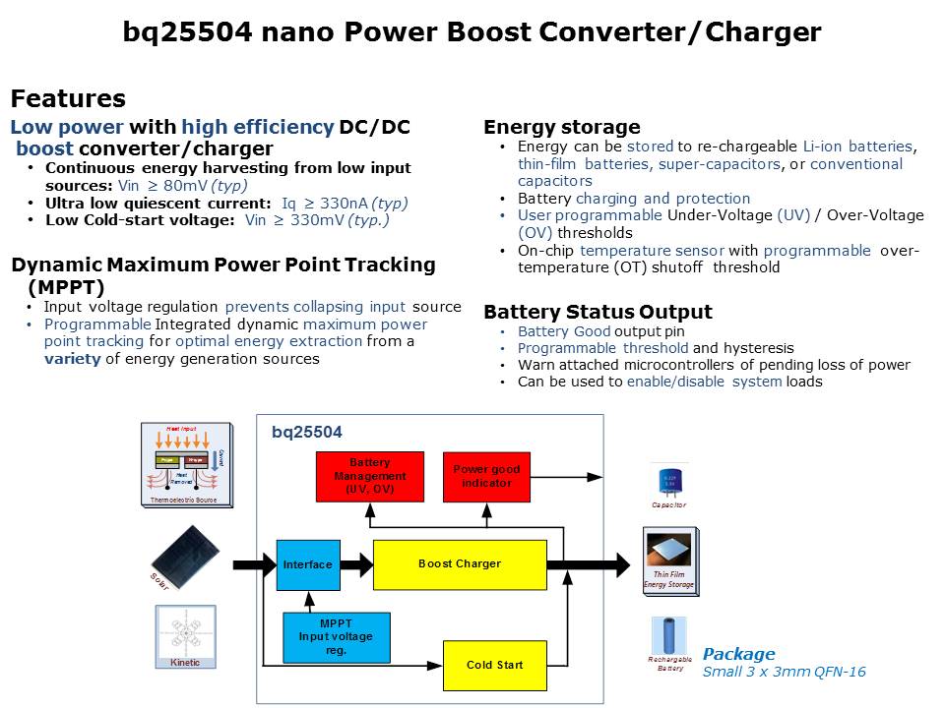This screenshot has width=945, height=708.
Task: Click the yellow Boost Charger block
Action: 460,564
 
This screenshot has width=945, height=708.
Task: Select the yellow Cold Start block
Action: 494,665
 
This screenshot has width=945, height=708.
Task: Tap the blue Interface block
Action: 308,564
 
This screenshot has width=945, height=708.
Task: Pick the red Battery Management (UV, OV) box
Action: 369,477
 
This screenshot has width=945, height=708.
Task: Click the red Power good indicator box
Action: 486,477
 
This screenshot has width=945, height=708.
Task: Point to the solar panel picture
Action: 185,558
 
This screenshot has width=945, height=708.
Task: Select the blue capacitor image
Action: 669,482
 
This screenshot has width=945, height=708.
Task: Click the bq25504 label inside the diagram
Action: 307,432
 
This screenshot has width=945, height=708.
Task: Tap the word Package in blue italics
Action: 738,654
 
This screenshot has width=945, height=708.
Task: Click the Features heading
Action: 68,99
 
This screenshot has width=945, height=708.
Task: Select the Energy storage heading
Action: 561,127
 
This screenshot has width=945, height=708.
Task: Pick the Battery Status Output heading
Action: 598,313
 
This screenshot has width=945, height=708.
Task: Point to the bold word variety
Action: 72,359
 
